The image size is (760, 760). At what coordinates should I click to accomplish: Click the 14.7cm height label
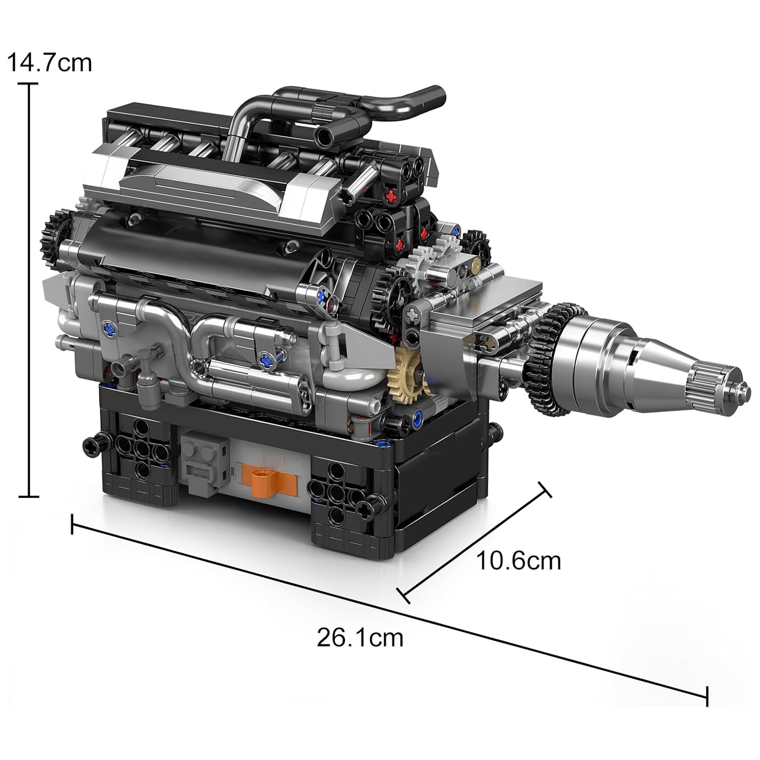click(49, 63)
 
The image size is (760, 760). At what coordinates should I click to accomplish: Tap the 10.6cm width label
click(518, 561)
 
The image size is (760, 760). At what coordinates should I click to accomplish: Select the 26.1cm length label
click(360, 637)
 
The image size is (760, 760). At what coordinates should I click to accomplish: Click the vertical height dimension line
click(29, 289)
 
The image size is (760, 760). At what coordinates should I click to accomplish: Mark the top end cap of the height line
click(29, 84)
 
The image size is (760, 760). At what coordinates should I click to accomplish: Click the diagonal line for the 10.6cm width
click(474, 542)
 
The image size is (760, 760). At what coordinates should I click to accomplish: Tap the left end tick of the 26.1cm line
click(72, 524)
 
